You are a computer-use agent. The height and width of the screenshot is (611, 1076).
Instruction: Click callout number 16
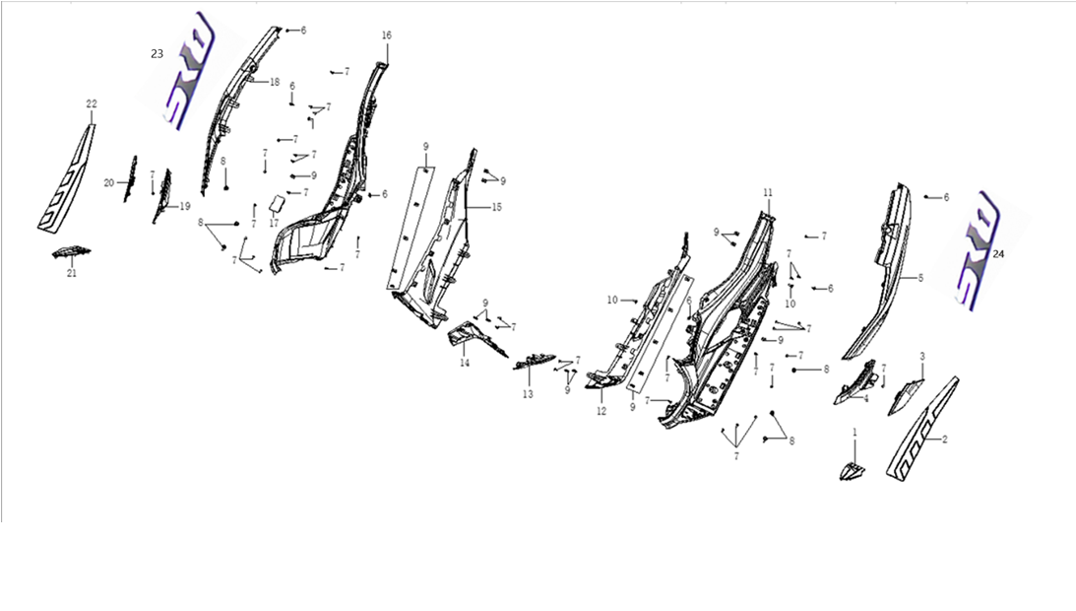387,35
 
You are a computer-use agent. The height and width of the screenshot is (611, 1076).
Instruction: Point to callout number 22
92,103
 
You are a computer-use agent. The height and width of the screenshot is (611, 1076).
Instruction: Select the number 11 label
768,191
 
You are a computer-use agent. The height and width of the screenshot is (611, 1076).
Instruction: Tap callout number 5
920,278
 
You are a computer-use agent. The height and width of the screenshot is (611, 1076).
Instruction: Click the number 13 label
528,394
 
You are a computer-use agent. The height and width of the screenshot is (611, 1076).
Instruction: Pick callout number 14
464,363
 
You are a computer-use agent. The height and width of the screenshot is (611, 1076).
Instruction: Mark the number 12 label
601,411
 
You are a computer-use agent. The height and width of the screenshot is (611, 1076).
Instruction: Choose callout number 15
497,207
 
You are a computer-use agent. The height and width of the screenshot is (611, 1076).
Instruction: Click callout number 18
275,82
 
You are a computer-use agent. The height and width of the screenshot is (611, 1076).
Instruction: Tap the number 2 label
945,439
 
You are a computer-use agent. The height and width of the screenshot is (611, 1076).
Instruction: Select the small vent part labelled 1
853,469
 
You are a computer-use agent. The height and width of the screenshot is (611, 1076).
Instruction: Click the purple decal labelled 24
975,251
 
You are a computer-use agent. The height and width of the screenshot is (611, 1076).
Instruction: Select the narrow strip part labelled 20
130,177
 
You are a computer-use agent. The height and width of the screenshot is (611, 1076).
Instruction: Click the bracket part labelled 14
473,336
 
